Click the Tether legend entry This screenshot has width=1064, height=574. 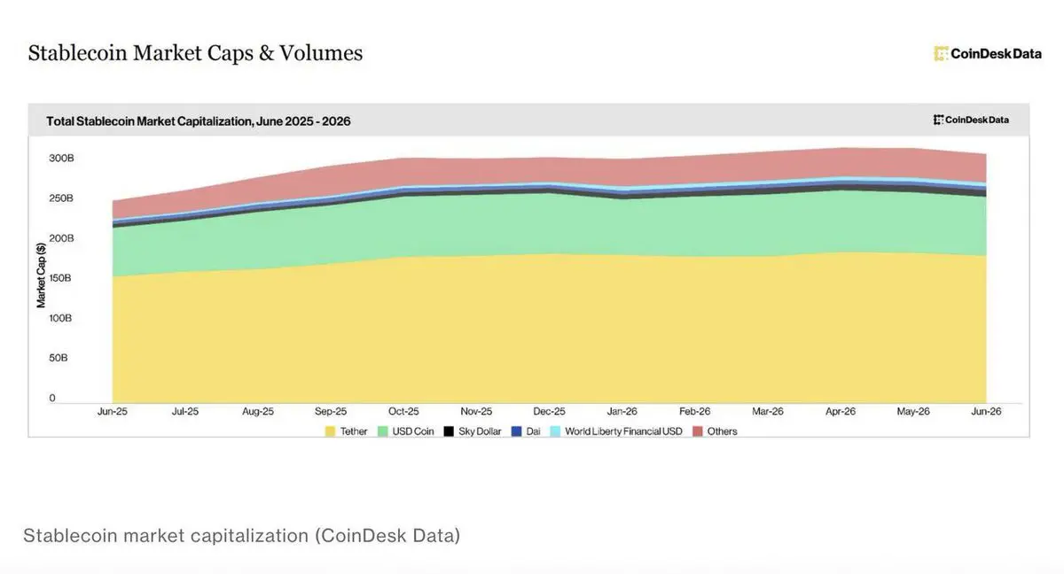coord(347,431)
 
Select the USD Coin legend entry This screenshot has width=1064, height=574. coord(406,431)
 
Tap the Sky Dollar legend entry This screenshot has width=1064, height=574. coord(473,431)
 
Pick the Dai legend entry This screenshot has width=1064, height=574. coord(526,431)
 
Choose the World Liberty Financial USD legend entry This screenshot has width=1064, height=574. coord(616,431)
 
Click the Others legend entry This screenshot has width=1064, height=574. coord(715,431)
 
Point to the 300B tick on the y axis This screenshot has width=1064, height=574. coord(61,158)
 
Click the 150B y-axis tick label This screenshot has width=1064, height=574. coord(60,278)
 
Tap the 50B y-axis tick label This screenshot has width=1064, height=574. coord(59,358)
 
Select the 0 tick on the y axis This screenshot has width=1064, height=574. coord(52,398)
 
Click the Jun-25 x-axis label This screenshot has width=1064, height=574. coord(113,411)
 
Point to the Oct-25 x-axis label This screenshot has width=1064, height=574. coord(403,411)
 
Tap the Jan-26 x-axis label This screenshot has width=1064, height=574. coord(622,411)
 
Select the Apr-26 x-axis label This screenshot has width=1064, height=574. coord(841,411)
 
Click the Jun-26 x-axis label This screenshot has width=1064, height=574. coord(986,411)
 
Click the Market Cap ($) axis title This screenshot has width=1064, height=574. coord(41,275)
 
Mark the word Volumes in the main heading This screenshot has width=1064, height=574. coord(321,52)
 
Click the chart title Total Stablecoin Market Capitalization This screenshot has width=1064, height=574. coord(198,121)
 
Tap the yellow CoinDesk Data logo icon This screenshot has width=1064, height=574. coord(941,54)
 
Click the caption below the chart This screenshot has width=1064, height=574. coord(242,536)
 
